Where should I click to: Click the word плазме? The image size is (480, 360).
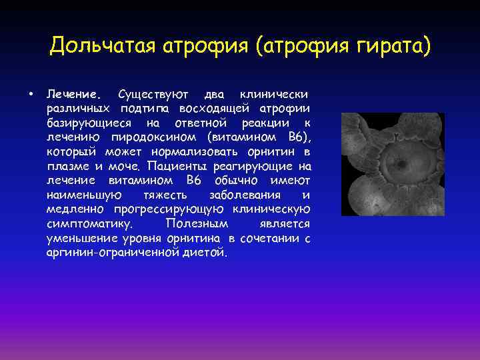[67, 167]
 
